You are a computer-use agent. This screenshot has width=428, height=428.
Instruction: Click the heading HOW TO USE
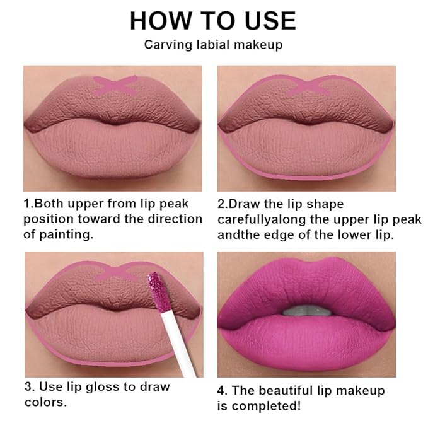point(212,21)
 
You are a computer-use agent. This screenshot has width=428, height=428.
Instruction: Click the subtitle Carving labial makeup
point(212,45)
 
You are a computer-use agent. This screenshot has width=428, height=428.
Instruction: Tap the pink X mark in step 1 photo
point(115,85)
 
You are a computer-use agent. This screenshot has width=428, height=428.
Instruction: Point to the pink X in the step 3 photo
point(114,272)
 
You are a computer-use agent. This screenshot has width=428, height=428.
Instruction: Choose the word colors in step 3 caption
point(45,402)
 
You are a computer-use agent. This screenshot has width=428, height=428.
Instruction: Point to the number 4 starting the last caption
point(222,391)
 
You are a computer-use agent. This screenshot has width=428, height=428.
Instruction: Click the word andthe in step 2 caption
point(236,234)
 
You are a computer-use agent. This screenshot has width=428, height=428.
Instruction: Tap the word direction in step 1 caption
point(176,219)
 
